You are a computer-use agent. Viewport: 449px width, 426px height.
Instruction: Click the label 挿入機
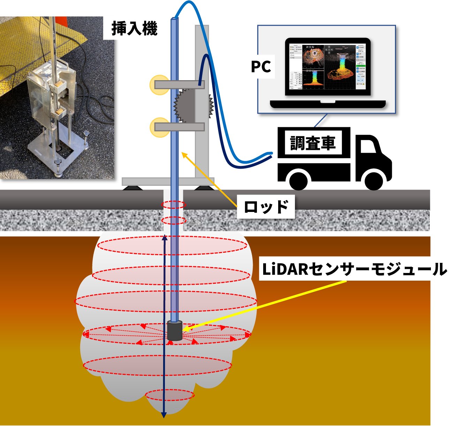(134, 29)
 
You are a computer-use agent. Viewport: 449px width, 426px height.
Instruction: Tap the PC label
(261, 67)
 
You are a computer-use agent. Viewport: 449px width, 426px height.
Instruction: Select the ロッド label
(266, 207)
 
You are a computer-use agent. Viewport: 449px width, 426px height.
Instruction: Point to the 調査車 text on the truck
(313, 143)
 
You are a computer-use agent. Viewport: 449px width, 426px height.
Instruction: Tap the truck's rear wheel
(299, 180)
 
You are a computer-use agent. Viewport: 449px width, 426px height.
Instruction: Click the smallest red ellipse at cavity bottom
(169, 395)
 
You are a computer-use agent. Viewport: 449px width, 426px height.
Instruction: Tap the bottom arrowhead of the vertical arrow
(164, 414)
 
